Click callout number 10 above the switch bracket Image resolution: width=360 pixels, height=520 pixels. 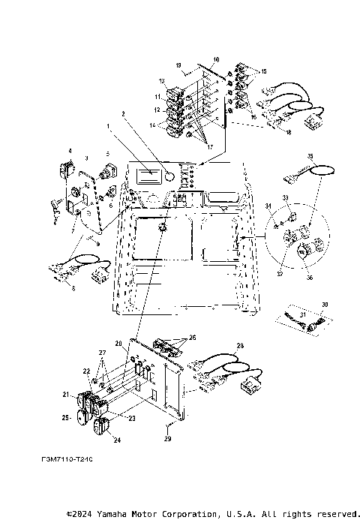pyautogui.click(x=216, y=59)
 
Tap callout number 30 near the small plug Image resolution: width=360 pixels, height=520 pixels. pyautogui.click(x=325, y=304)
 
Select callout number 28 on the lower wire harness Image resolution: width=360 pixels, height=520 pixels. pyautogui.click(x=240, y=346)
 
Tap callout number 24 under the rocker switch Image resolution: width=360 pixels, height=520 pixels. pyautogui.click(x=117, y=440)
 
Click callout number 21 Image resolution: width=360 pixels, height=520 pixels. pyautogui.click(x=66, y=394)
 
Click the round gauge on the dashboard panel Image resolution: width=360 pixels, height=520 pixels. pyautogui.click(x=170, y=178)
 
